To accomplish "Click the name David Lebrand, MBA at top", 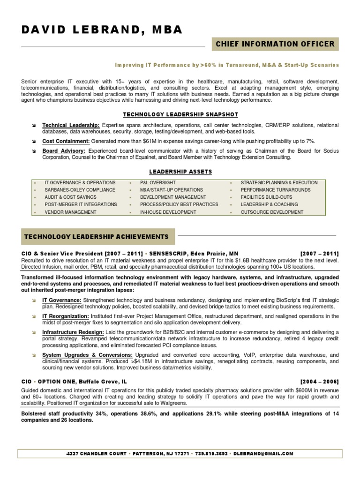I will click(102, 30).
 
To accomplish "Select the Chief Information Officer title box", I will click(275, 44).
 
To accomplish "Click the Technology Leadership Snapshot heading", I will click(180, 114).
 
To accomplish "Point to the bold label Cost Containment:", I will click(66, 141).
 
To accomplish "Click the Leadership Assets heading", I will click(180, 172).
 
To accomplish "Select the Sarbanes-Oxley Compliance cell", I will click(80, 190).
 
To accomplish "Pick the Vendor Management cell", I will click(70, 212).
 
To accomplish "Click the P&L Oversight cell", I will click(157, 182).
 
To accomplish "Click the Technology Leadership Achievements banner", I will click(96, 237).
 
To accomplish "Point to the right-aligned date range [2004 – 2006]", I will click(319, 382).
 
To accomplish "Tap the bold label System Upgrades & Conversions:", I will click(87, 355).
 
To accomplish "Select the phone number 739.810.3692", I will click(211, 454).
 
